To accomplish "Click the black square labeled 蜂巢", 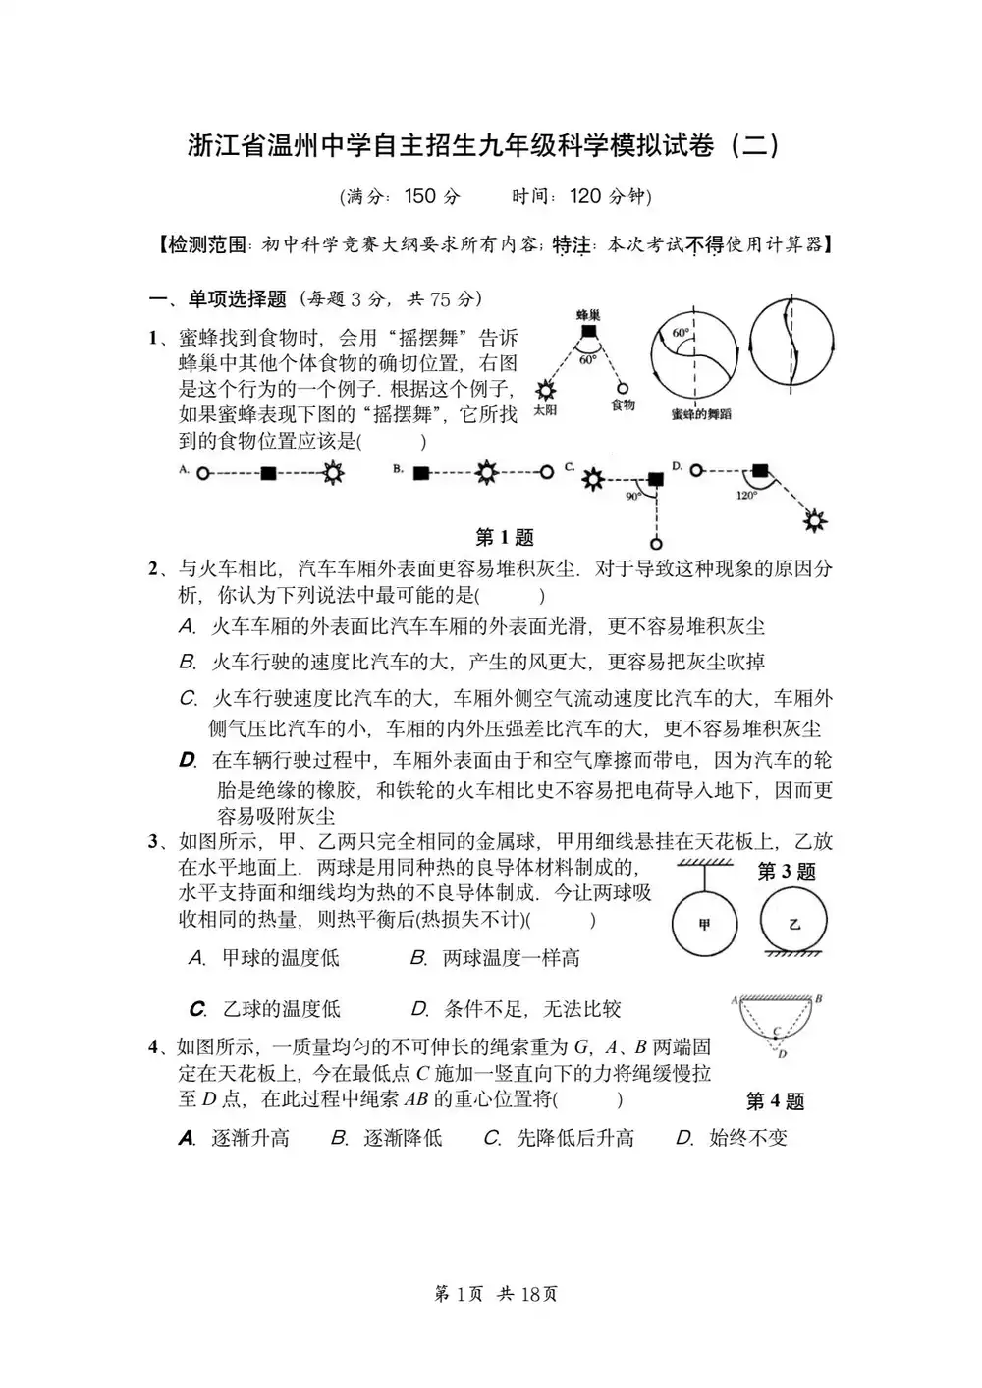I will tap(587, 333).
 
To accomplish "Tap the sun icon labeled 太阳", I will tap(544, 390).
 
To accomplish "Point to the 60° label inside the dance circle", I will tap(680, 334).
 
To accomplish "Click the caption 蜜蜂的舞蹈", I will tap(700, 414).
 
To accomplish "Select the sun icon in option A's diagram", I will tap(334, 473).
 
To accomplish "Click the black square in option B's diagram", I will tap(421, 473).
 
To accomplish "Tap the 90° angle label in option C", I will tap(633, 497).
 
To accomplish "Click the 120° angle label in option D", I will tap(746, 496).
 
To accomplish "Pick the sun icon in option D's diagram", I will tap(813, 520).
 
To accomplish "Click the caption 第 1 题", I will tap(505, 537).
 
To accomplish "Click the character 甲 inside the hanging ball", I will tap(704, 924).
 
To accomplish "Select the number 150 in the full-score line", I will tap(419, 196).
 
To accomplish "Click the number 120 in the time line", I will tap(585, 196).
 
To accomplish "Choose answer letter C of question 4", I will tap(493, 1138).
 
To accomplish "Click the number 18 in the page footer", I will tap(530, 1294).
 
